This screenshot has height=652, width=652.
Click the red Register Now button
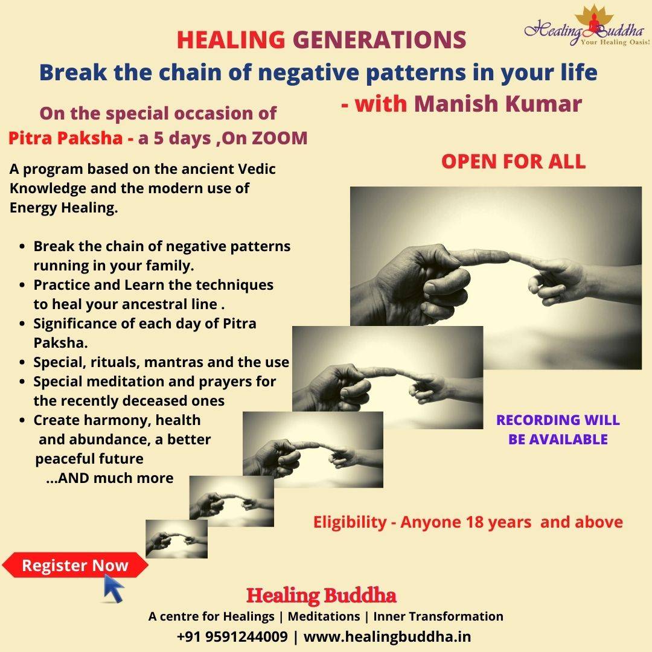coord(75,565)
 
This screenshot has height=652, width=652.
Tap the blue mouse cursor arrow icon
coord(113,587)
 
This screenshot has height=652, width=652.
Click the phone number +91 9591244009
coord(232,636)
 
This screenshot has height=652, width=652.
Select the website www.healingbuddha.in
coord(387,636)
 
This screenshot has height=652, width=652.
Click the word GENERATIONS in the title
coord(380,40)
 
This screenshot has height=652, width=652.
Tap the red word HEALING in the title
coord(231,40)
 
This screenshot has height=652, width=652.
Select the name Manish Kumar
coord(497,104)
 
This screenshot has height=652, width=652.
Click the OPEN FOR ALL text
coord(514,161)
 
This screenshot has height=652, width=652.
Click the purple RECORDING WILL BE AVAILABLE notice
coord(558,430)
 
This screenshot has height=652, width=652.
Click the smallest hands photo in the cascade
coord(177,539)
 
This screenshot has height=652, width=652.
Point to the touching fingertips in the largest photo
coord(508,257)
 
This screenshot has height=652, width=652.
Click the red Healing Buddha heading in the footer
coord(321,595)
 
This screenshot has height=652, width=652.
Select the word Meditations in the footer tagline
coord(324,616)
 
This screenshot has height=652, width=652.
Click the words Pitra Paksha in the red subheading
coord(65,138)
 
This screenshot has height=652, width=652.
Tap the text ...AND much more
coord(110,478)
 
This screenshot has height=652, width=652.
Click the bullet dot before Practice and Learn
coord(23,285)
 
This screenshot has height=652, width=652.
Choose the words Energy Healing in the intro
coord(63,208)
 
